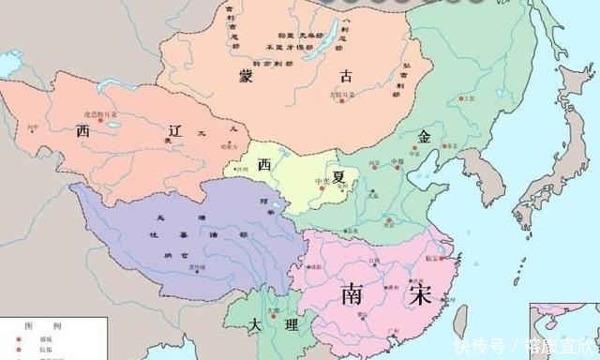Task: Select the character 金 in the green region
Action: pyautogui.click(x=424, y=137)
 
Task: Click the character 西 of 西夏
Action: pyautogui.click(x=265, y=164)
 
